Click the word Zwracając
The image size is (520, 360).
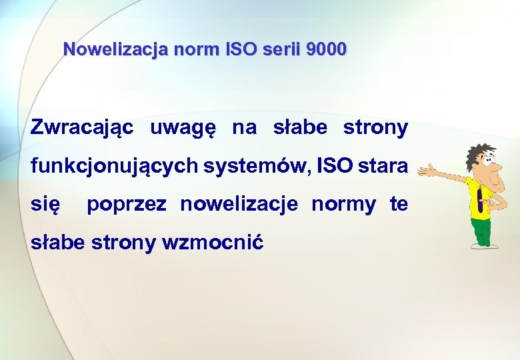(82, 128)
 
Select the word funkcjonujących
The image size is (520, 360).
(114, 166)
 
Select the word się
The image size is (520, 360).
(46, 205)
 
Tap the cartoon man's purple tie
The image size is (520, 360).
(480, 200)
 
